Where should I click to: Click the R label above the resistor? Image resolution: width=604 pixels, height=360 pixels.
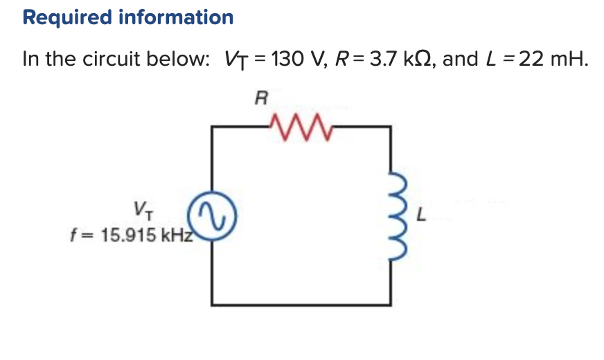click(x=260, y=98)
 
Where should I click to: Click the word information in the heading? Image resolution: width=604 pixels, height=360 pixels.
click(x=176, y=17)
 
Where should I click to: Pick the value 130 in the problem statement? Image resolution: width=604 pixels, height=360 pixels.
click(x=284, y=59)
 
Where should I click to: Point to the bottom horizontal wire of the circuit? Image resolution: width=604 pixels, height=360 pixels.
click(x=302, y=303)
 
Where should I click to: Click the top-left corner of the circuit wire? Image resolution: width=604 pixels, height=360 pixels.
click(x=213, y=127)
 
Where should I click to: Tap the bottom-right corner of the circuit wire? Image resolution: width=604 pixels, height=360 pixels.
click(x=391, y=303)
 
